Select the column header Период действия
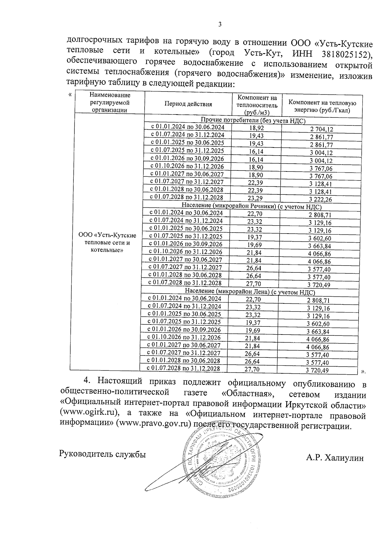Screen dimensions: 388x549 [188, 104]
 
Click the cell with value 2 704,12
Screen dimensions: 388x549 [321, 129]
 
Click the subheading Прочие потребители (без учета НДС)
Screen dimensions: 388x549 [253, 121]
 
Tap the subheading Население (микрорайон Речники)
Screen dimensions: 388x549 [252, 206]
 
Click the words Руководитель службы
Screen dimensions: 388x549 [102, 455]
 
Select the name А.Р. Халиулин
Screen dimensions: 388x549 [335, 458]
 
